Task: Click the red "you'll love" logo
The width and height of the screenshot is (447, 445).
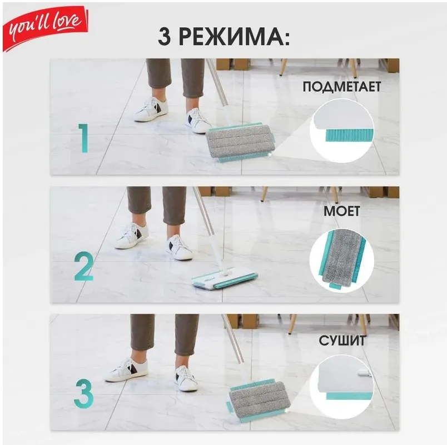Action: (46, 28)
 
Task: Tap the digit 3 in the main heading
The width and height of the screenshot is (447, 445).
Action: (165, 37)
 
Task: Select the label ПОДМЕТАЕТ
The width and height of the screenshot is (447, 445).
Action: (342, 87)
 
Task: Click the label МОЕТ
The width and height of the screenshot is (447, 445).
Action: (342, 211)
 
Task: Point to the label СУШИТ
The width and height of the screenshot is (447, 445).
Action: (342, 341)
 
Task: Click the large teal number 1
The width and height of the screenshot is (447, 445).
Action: (83, 138)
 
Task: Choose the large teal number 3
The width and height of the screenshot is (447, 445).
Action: (84, 394)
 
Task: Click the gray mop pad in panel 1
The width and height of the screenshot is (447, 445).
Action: (241, 142)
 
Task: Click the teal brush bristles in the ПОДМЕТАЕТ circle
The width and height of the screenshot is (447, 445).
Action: (349, 135)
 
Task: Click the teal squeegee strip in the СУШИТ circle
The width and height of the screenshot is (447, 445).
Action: (350, 396)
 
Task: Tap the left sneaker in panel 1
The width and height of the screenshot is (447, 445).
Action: (151, 109)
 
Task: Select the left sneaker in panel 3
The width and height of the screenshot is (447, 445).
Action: (126, 369)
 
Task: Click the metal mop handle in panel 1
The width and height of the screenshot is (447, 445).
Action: (217, 82)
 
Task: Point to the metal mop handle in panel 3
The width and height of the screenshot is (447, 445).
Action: (232, 339)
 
